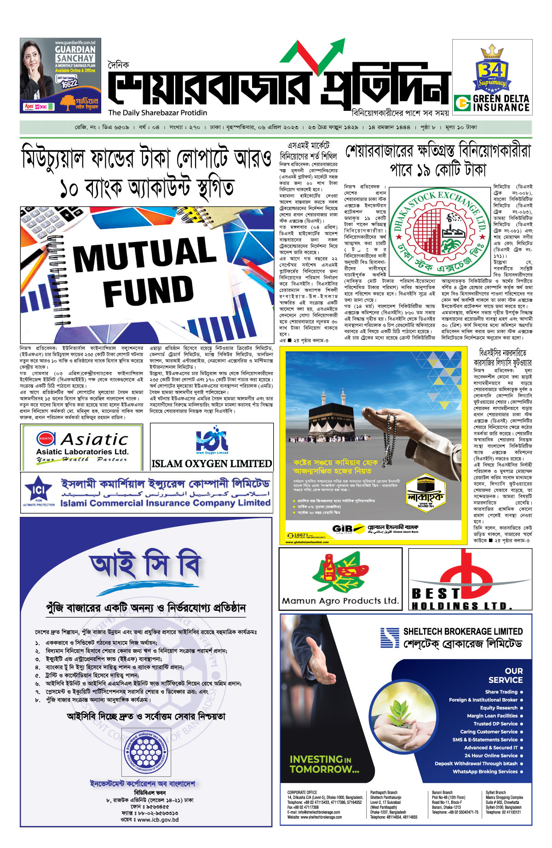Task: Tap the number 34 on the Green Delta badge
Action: tap(492, 70)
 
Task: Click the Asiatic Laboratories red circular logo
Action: tap(46, 439)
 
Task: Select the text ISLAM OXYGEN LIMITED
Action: tap(212, 464)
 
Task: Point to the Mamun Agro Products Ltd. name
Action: tap(340, 601)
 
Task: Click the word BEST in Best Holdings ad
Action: tap(436, 593)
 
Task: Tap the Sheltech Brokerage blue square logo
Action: tap(390, 637)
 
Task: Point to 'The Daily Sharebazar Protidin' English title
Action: tap(158, 113)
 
